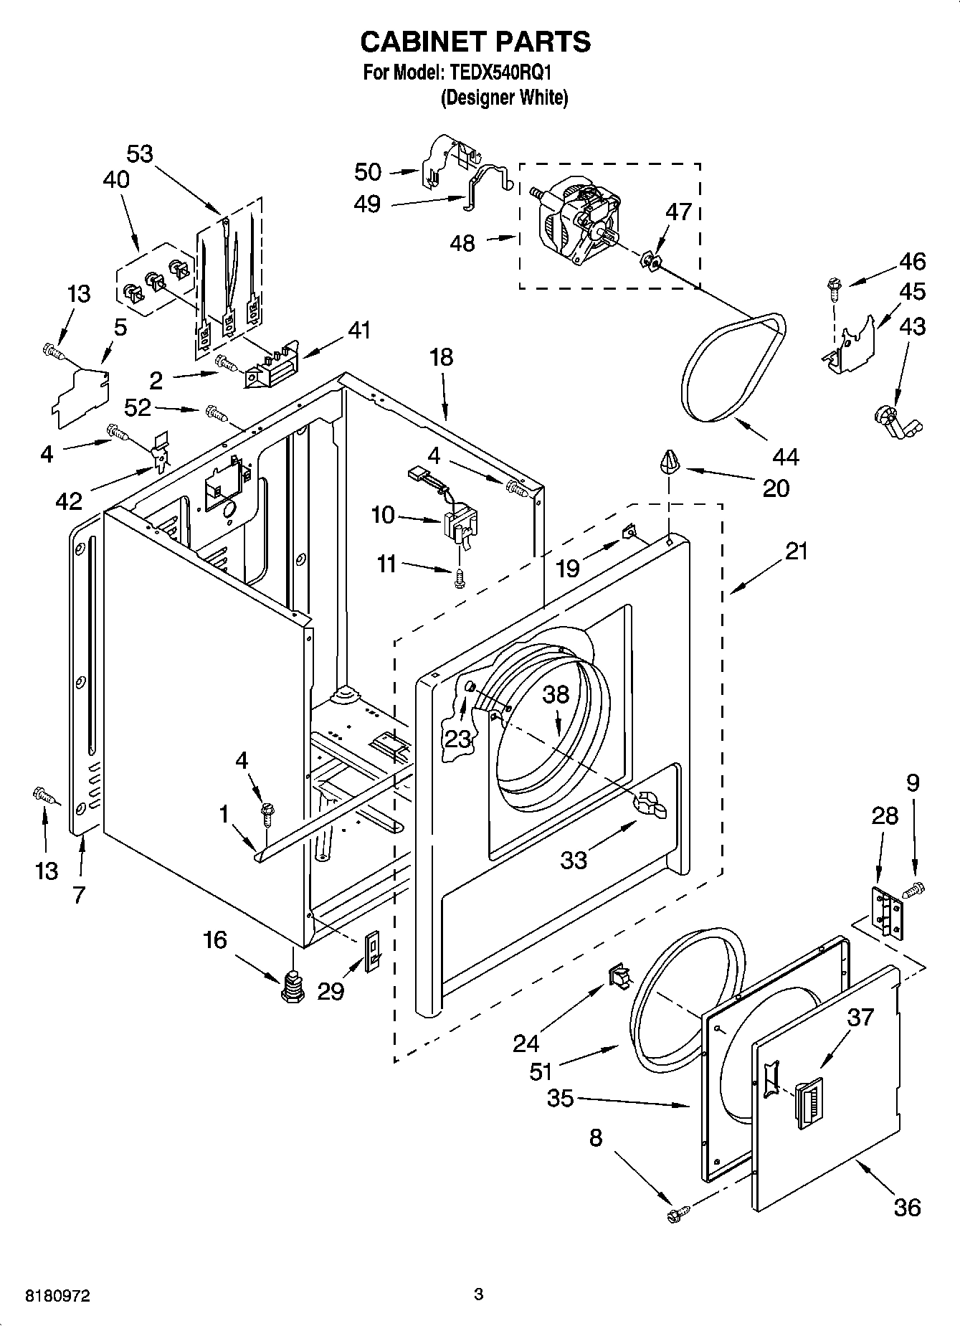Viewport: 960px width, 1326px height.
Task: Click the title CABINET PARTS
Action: click(x=475, y=42)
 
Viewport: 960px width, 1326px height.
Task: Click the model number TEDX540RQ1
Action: click(x=500, y=72)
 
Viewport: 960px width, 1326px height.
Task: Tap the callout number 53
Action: click(x=141, y=153)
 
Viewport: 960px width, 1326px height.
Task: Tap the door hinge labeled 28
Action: click(x=887, y=911)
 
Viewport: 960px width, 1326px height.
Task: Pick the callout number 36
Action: click(x=906, y=1207)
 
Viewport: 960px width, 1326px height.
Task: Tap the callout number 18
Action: click(x=442, y=356)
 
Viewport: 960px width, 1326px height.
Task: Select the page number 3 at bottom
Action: click(x=479, y=1294)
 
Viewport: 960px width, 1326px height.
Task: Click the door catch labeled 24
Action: click(x=619, y=977)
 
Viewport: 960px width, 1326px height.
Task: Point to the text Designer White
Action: click(x=504, y=98)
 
